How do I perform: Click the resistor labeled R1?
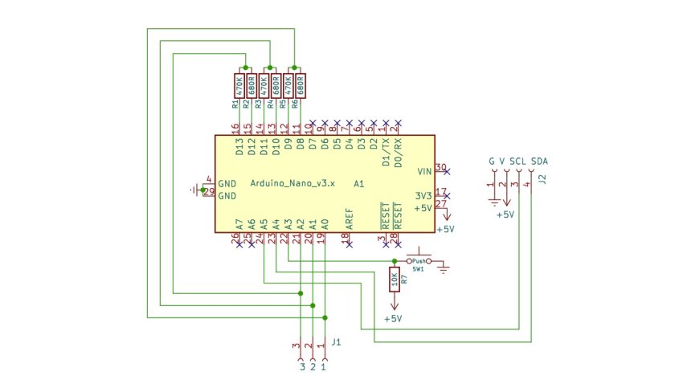239,85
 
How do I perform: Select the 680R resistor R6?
301,85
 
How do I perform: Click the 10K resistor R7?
394,280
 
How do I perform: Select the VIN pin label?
424,172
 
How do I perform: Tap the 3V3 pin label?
423,195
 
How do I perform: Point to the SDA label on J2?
539,161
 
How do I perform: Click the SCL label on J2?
518,161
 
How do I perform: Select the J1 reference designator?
336,343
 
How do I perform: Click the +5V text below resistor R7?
393,319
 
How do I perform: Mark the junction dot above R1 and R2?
245,67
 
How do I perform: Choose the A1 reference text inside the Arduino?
359,184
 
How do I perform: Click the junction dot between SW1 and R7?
394,261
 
